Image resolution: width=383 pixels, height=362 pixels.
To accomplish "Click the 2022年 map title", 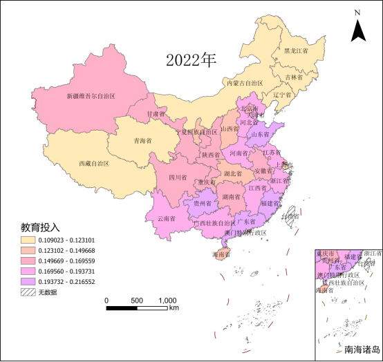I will (x=191, y=60).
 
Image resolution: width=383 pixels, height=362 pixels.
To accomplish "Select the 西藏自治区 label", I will (x=95, y=164).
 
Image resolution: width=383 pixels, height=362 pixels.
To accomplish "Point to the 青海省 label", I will (x=143, y=140).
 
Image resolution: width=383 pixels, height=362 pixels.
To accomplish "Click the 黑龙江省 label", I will (x=296, y=51).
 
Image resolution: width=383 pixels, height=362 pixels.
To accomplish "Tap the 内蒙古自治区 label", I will (x=246, y=83).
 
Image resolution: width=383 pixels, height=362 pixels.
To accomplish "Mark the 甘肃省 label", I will (x=156, y=113).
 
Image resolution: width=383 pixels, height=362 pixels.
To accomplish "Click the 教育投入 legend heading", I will (x=40, y=227).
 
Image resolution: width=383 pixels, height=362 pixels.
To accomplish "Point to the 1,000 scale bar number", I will (x=167, y=301).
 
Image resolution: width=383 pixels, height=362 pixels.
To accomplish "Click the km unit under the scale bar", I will (x=174, y=308).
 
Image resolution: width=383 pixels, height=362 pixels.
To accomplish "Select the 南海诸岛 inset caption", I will (x=362, y=349).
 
